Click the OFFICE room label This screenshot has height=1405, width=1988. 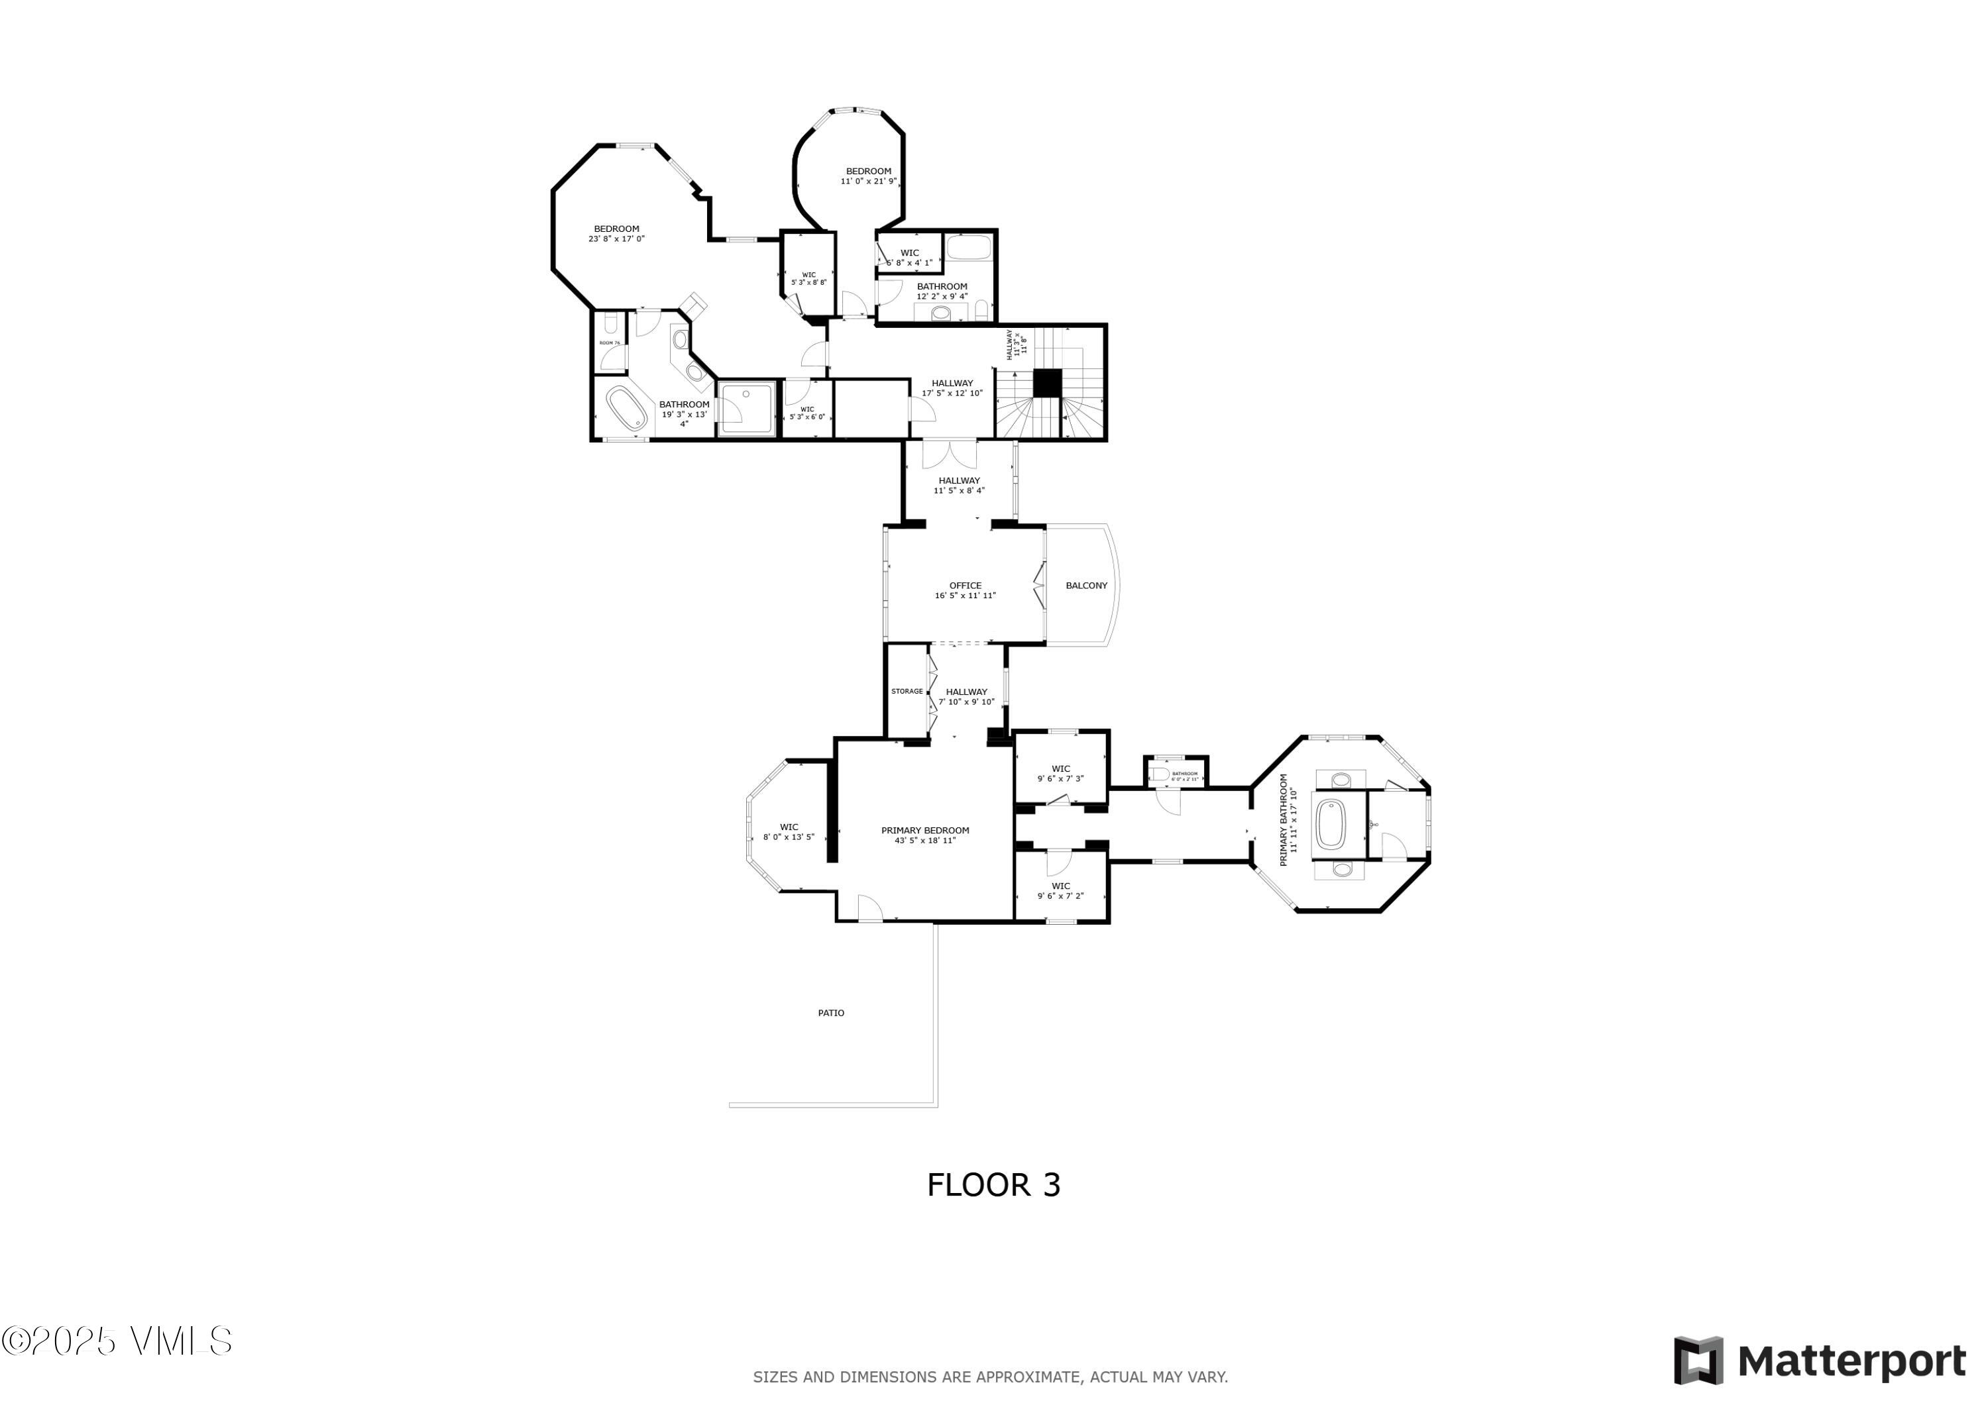tap(965, 590)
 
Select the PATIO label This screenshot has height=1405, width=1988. tap(830, 1013)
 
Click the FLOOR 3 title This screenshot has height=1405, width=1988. tap(993, 1185)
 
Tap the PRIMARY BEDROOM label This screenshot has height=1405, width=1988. tap(924, 835)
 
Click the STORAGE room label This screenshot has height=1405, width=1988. tap(907, 692)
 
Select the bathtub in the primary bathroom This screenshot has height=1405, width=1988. tap(1329, 824)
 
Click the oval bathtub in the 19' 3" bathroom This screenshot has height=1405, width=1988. tap(625, 409)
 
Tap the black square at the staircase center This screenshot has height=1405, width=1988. tap(1047, 383)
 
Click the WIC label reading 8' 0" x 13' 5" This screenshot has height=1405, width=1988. tap(788, 832)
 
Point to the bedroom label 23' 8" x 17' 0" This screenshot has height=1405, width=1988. tap(616, 234)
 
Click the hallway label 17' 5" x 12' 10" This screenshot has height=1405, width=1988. tap(952, 388)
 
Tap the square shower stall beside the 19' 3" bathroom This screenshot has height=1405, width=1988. tap(745, 409)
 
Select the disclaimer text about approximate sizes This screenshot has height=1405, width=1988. tap(989, 1377)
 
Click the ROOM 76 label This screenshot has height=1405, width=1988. tap(609, 344)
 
